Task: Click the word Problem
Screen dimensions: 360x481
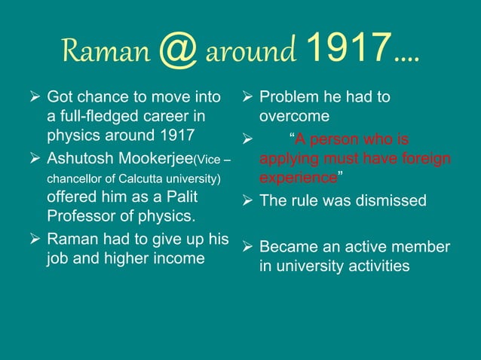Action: tap(287, 98)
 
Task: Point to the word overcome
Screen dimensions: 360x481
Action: tap(294, 117)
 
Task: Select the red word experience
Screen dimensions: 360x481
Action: tap(298, 179)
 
